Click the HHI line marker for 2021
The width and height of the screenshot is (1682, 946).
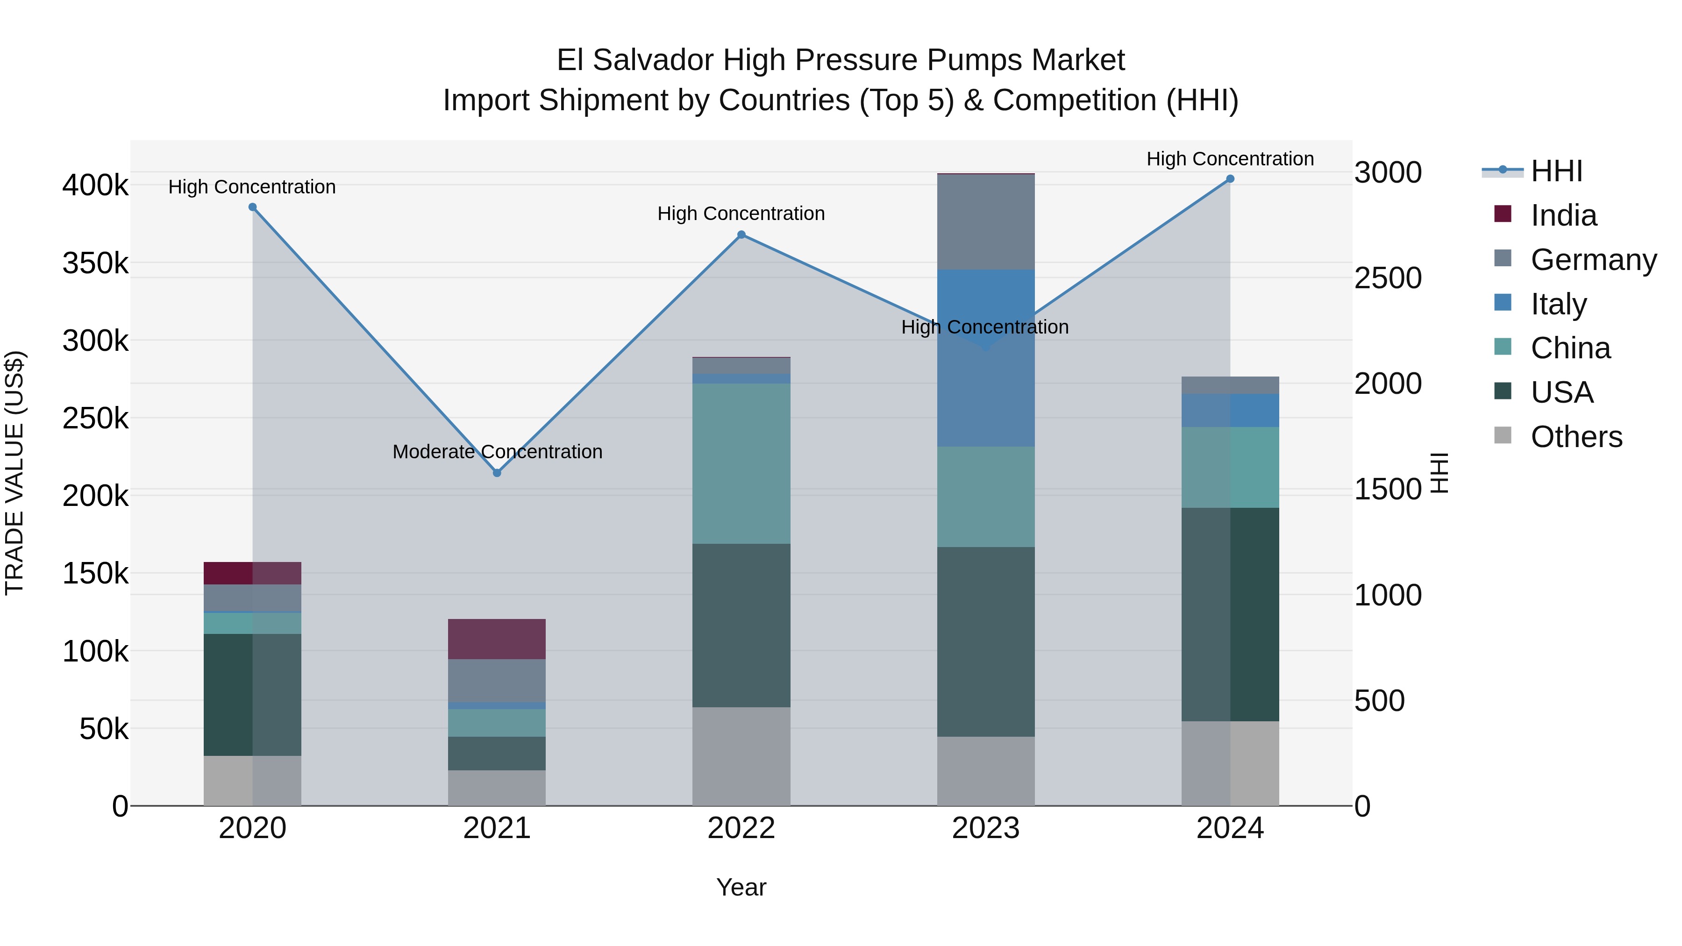[497, 473]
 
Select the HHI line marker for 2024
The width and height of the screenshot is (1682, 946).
[1230, 179]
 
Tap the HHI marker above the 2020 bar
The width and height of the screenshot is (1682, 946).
[253, 207]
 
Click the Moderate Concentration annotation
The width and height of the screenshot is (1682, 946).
[497, 452]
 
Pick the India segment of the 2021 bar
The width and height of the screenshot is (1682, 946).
[497, 639]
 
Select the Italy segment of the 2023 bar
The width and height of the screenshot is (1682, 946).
[986, 358]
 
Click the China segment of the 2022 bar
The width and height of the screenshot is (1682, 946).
[741, 463]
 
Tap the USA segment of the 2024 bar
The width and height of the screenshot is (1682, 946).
[1230, 614]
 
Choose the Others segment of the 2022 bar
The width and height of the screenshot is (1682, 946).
[741, 756]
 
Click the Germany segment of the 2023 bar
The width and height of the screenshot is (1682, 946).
[986, 222]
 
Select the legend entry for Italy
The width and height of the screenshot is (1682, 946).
[1558, 304]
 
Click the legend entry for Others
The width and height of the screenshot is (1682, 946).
[1575, 437]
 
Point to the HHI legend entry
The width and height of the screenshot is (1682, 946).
[1556, 171]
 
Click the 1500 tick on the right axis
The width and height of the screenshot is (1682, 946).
[1388, 490]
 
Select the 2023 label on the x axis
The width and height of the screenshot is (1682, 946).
[986, 828]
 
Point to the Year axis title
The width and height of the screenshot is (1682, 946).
[741, 887]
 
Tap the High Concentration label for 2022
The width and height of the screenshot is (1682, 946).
[741, 213]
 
